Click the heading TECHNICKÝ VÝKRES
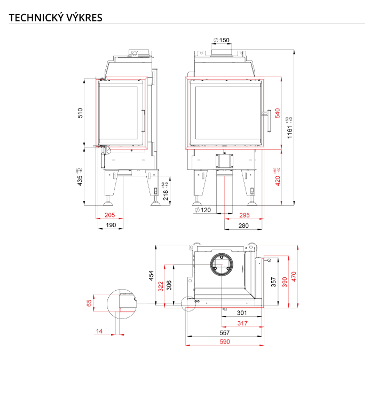click(x=56, y=18)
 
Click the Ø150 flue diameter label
click(x=222, y=40)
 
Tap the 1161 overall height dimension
click(x=289, y=128)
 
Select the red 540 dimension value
click(x=278, y=113)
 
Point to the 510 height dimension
click(x=80, y=113)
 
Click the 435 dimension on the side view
click(x=79, y=177)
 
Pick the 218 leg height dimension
click(x=166, y=191)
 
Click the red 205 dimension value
click(x=110, y=215)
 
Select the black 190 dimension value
click(x=111, y=225)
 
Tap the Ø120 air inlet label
click(x=203, y=210)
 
